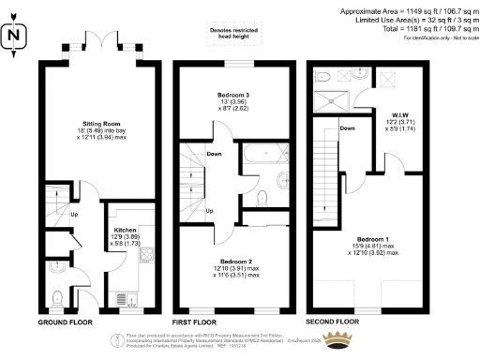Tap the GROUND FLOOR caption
[x=67, y=322]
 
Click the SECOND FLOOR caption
[x=333, y=322]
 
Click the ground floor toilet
[x=58, y=298]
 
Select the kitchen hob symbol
[x=145, y=254]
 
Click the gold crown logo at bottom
[x=334, y=342]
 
